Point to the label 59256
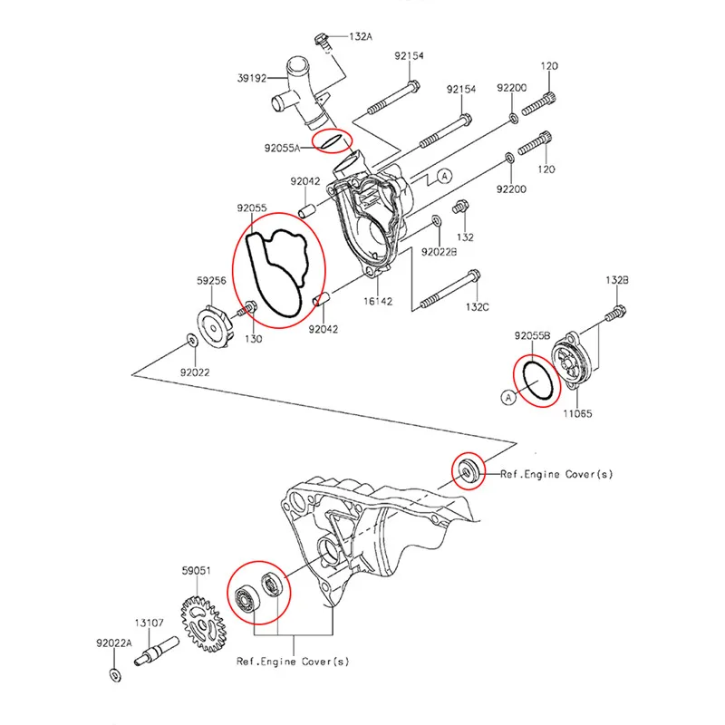[x=212, y=281]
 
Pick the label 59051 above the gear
[x=197, y=571]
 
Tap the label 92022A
[x=115, y=643]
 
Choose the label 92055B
[x=533, y=335]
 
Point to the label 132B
[x=617, y=280]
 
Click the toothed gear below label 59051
[x=204, y=622]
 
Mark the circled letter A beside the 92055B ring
[x=508, y=396]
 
